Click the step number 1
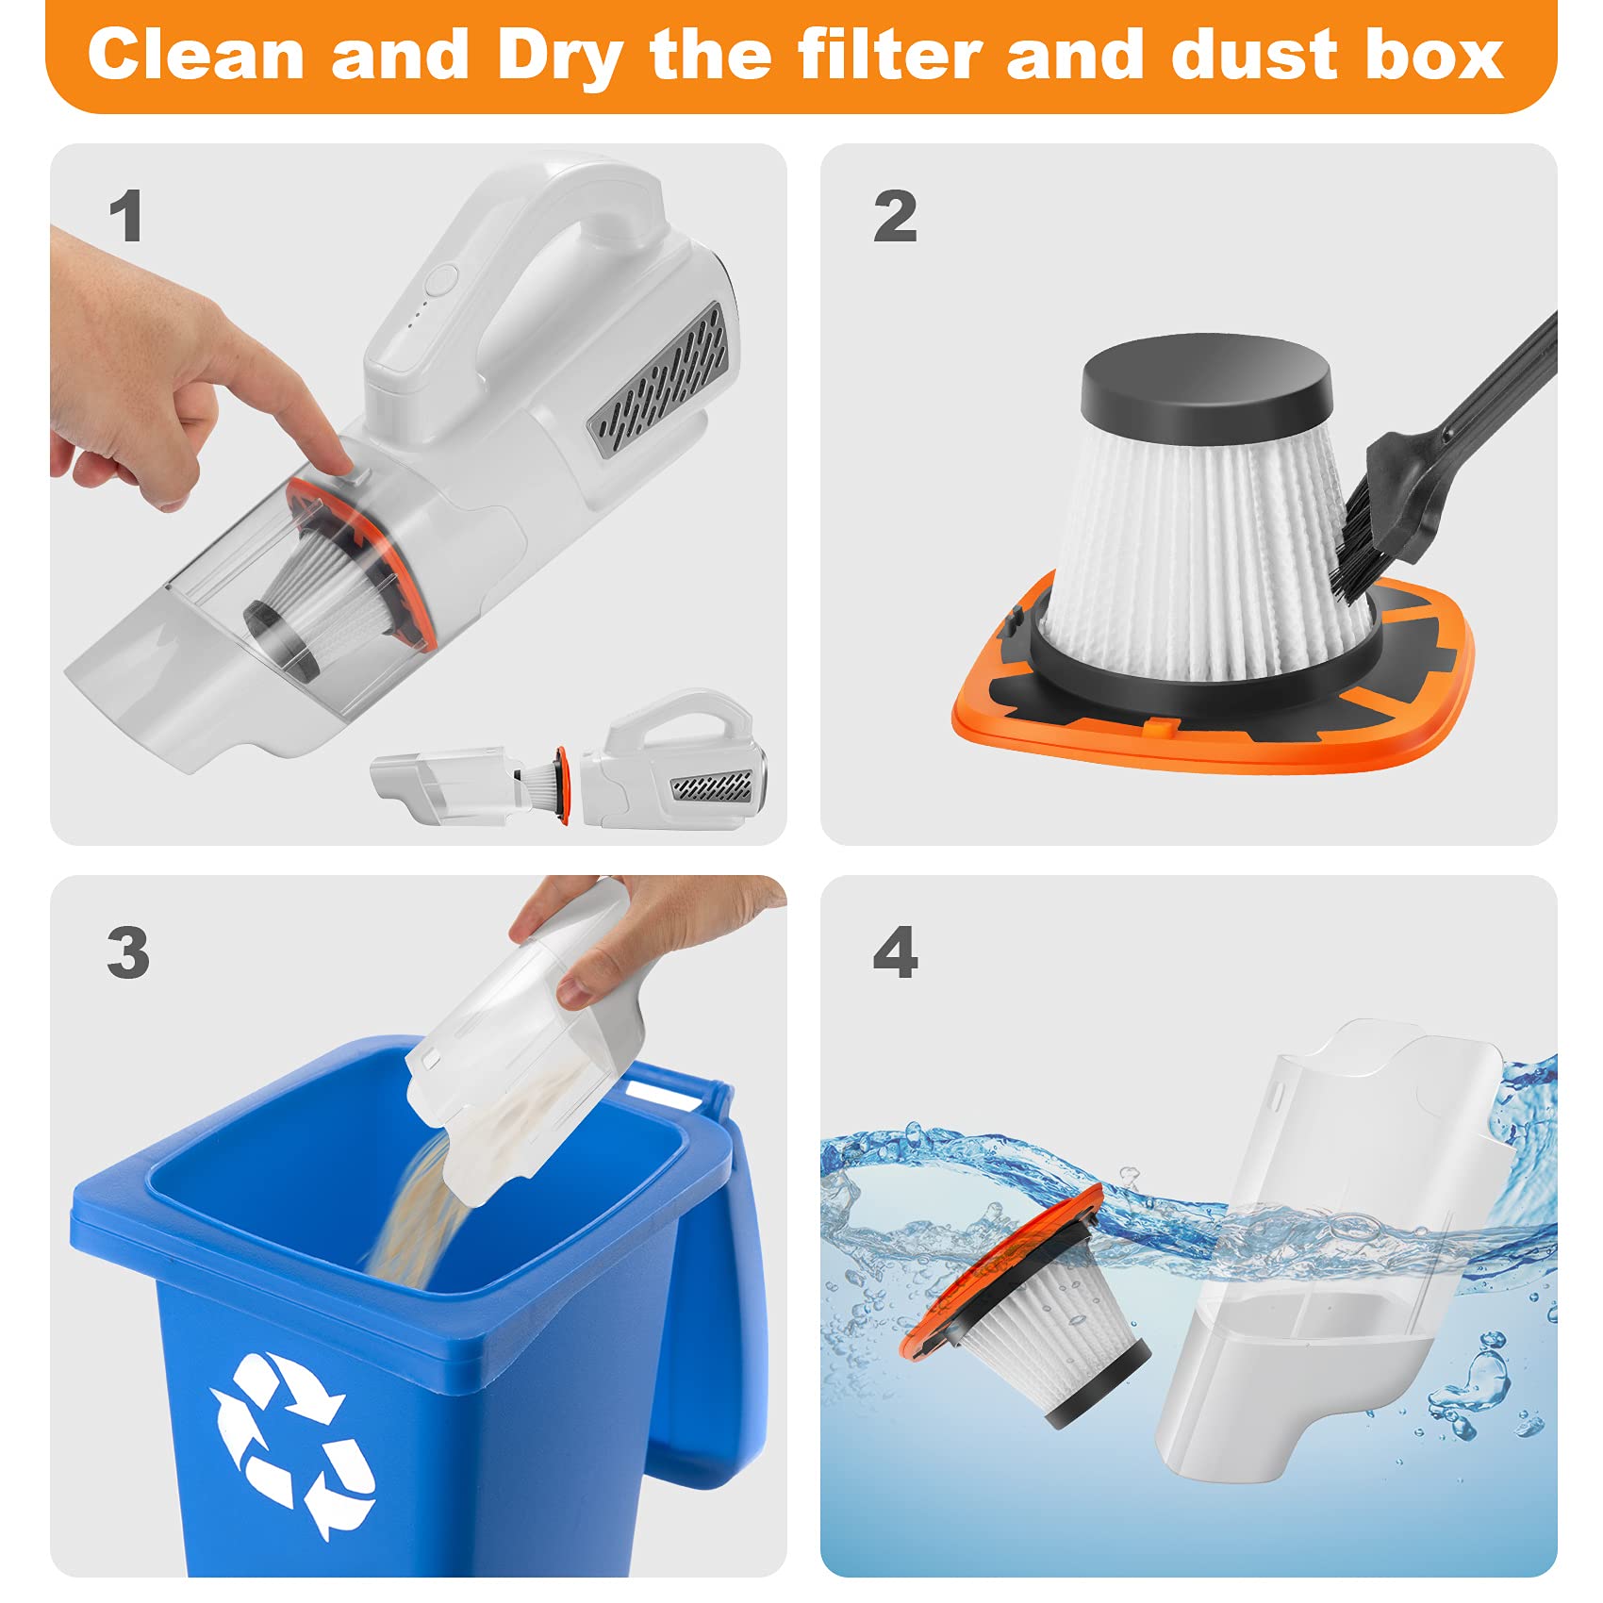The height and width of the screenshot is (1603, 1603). click(126, 216)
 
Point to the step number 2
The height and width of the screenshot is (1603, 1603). click(895, 216)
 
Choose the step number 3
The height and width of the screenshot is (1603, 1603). click(128, 952)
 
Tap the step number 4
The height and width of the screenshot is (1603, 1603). click(895, 952)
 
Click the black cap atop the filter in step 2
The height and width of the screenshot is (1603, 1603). click(1207, 379)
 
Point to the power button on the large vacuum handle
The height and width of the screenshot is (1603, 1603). click(440, 280)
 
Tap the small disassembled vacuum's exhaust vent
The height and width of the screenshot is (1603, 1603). click(712, 786)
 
